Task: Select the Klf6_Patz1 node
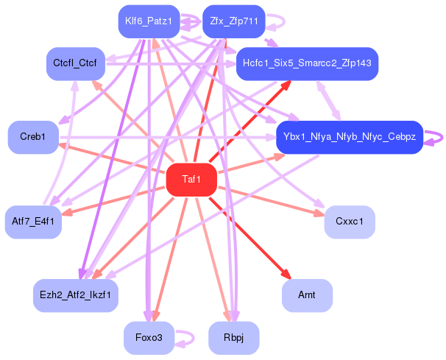[149, 22]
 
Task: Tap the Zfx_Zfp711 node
[233, 22]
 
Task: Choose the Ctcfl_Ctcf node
[75, 64]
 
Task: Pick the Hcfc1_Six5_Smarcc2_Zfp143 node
[307, 64]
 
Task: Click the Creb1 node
[33, 138]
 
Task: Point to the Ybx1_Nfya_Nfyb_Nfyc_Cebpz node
[349, 138]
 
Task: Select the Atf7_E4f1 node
[33, 222]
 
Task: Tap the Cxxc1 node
[350, 222]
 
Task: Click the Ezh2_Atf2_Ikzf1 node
[76, 295]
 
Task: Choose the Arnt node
[307, 295]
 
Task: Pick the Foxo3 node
[149, 337]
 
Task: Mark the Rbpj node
[234, 337]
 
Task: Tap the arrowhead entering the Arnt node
[286, 275]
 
